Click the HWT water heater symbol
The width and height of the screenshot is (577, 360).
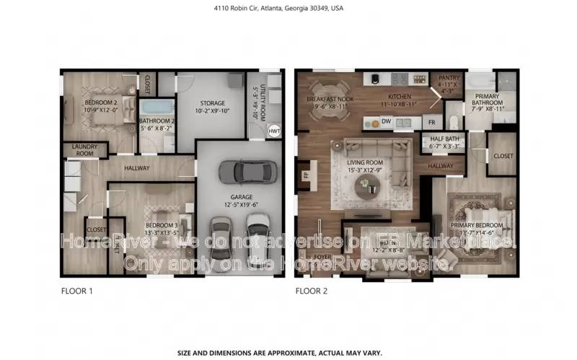pos(274,131)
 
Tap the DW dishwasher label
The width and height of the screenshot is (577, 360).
pos(387,121)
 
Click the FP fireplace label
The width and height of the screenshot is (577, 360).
pos(304,175)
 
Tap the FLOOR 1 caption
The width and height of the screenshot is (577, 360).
pos(76,291)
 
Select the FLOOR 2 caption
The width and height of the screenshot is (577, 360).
pos(312,291)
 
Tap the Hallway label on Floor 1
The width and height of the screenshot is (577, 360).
pos(137,168)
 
